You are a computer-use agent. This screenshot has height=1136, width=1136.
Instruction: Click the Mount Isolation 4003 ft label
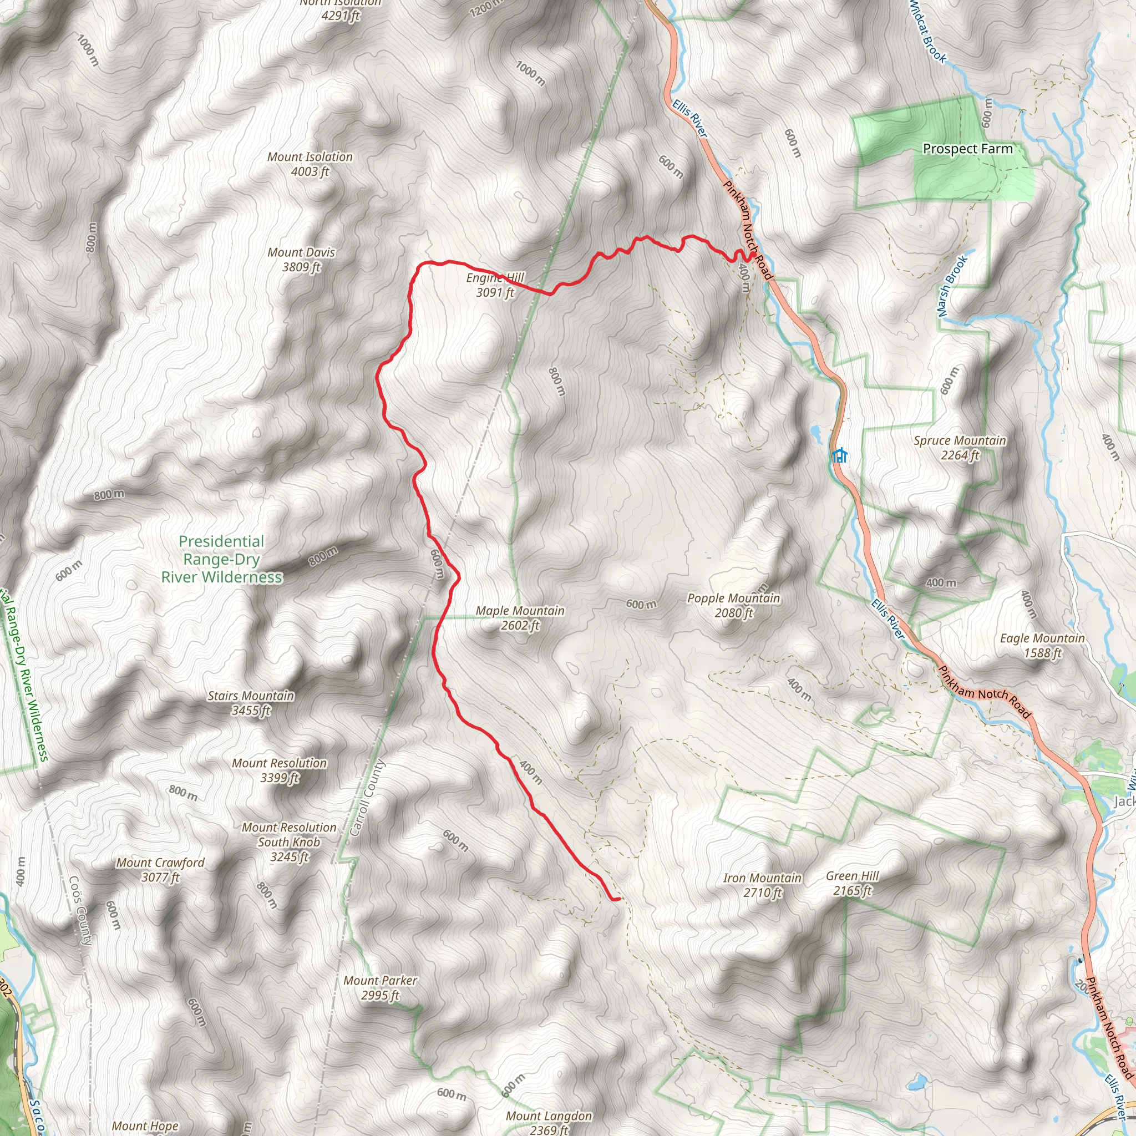(310, 164)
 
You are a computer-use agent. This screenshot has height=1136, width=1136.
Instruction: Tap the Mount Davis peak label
(301, 259)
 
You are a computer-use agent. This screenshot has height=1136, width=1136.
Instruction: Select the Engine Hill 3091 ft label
(495, 285)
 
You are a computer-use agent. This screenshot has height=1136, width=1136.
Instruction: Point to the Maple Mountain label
(520, 618)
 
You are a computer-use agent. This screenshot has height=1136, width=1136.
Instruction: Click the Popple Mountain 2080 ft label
(734, 605)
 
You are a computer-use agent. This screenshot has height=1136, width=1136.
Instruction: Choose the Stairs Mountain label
(251, 703)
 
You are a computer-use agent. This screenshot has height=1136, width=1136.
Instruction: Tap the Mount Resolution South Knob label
(290, 842)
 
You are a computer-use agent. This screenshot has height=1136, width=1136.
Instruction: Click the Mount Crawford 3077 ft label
(160, 870)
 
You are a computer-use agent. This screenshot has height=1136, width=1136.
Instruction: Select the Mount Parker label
(381, 987)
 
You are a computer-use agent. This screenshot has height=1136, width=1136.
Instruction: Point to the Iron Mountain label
(762, 885)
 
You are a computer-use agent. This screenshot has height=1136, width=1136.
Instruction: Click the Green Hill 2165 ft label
(852, 883)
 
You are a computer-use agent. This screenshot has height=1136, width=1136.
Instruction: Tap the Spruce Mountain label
(960, 448)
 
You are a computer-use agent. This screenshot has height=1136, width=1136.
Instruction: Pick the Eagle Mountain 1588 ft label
(1042, 645)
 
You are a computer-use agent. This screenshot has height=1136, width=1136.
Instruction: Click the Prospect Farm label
(968, 149)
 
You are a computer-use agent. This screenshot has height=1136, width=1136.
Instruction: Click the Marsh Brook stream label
(952, 286)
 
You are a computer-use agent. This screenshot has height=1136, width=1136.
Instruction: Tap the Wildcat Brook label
(927, 32)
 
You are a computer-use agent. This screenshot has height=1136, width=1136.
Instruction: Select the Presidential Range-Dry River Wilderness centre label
(222, 559)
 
